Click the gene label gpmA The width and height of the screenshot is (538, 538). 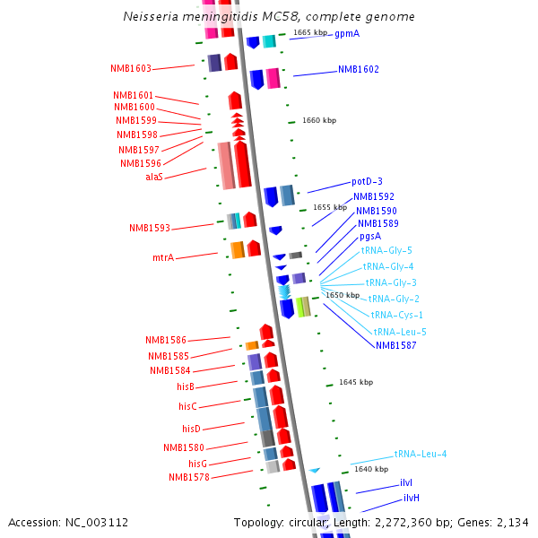pyautogui.click(x=347, y=34)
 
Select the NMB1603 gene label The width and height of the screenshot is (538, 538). pyautogui.click(x=131, y=68)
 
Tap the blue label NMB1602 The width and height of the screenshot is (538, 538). pyautogui.click(x=359, y=69)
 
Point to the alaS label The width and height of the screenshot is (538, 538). pyautogui.click(x=154, y=177)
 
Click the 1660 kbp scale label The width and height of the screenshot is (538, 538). pyautogui.click(x=319, y=120)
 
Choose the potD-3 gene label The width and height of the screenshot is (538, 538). pyautogui.click(x=367, y=181)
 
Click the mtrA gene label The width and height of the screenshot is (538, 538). pyautogui.click(x=163, y=257)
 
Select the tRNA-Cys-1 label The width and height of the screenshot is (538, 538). pyautogui.click(x=396, y=315)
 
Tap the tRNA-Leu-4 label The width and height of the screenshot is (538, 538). pyautogui.click(x=421, y=454)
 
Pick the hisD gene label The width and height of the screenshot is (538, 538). pyautogui.click(x=191, y=429)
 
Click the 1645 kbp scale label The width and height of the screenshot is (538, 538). pyautogui.click(x=356, y=382)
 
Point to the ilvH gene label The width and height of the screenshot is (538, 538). pyautogui.click(x=412, y=498)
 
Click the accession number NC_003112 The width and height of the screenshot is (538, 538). pyautogui.click(x=97, y=523)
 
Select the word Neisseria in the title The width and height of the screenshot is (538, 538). pyautogui.click(x=151, y=16)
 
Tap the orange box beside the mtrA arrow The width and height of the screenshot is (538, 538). pyautogui.click(x=238, y=250)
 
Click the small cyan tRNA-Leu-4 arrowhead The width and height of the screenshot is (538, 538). pyautogui.click(x=315, y=471)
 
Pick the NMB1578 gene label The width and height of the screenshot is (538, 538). pyautogui.click(x=189, y=477)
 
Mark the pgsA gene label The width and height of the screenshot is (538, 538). pyautogui.click(x=370, y=237)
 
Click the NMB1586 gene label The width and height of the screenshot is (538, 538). pyautogui.click(x=166, y=340)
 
